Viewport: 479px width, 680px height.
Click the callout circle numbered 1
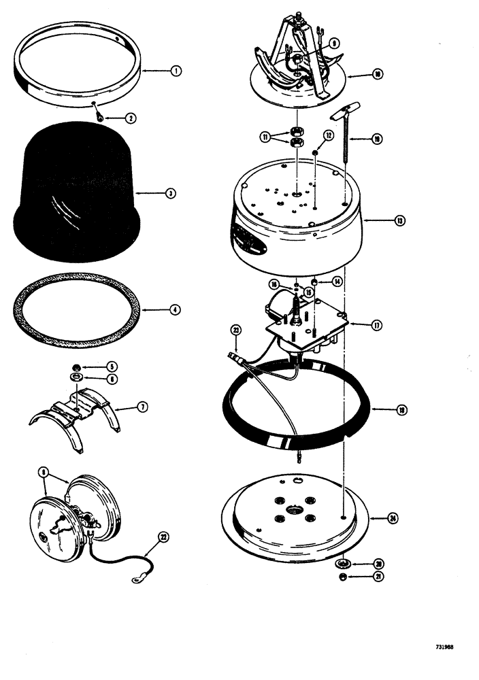tap(176, 71)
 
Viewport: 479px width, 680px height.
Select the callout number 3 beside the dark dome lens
tap(170, 193)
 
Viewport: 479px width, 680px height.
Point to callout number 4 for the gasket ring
tap(176, 309)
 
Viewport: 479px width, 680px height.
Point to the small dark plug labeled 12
tap(317, 153)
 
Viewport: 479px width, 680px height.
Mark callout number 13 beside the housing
tap(399, 220)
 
